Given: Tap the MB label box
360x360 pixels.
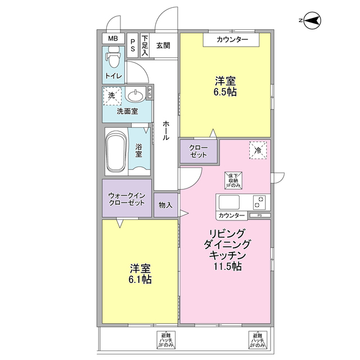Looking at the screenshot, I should [x=113, y=38].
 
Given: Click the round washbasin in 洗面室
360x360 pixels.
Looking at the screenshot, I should [x=135, y=95].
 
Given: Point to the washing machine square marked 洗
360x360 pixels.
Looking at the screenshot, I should [x=111, y=96].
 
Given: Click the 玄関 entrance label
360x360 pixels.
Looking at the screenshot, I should [x=163, y=45].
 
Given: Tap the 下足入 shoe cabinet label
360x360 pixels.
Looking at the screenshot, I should [x=145, y=45].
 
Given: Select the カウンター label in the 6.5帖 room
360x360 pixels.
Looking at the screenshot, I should [x=231, y=39].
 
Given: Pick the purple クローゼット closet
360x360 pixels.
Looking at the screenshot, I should [x=199, y=151].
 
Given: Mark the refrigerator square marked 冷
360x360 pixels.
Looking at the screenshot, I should [x=258, y=150].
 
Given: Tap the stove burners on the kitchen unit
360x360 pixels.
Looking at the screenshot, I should [x=260, y=201].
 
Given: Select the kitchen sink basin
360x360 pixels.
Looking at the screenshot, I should [x=229, y=201].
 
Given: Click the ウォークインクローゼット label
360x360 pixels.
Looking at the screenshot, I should [x=127, y=199].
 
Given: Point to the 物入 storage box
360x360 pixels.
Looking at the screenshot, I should [x=165, y=206].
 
